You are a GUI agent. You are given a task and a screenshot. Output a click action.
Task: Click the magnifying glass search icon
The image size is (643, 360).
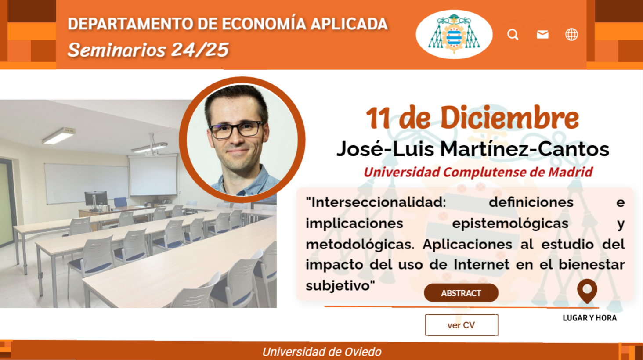(x=513, y=34)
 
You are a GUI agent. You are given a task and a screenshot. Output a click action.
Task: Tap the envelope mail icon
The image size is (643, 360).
(x=542, y=34)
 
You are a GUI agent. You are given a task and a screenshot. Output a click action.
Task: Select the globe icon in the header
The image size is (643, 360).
(x=571, y=34)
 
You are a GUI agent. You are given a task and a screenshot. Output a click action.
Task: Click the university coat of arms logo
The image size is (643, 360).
(x=454, y=34)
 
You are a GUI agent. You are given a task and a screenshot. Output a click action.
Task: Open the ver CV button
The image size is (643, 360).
(x=462, y=325)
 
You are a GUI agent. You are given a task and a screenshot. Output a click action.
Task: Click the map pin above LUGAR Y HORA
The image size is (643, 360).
(x=587, y=291)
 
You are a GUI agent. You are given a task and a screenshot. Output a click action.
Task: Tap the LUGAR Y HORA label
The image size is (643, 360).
(x=589, y=318)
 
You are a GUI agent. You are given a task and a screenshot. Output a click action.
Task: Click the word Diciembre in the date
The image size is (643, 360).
(x=509, y=118)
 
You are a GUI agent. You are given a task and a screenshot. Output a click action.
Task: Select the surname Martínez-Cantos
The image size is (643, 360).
(x=524, y=149)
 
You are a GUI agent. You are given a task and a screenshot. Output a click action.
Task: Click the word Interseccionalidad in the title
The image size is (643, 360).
(x=376, y=202)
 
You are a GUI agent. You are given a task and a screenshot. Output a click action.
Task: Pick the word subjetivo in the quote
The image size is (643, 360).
(x=340, y=286)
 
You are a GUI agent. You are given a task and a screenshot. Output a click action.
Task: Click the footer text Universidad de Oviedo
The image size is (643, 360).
(x=322, y=352)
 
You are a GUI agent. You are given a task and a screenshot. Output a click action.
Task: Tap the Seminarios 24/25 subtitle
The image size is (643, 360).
(x=148, y=50)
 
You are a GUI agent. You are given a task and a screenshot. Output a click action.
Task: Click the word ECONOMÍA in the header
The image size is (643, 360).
(x=264, y=24)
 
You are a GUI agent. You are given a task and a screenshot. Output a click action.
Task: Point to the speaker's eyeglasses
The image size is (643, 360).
(x=236, y=130)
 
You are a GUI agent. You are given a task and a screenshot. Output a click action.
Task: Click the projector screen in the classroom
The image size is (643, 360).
(x=153, y=175)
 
